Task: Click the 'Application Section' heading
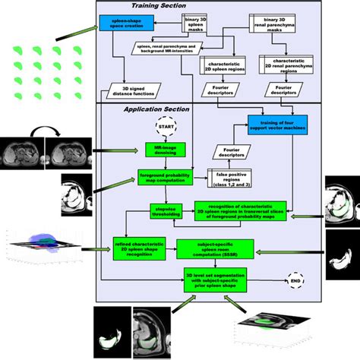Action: [x=150, y=110]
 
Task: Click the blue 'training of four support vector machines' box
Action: [x=277, y=123]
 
